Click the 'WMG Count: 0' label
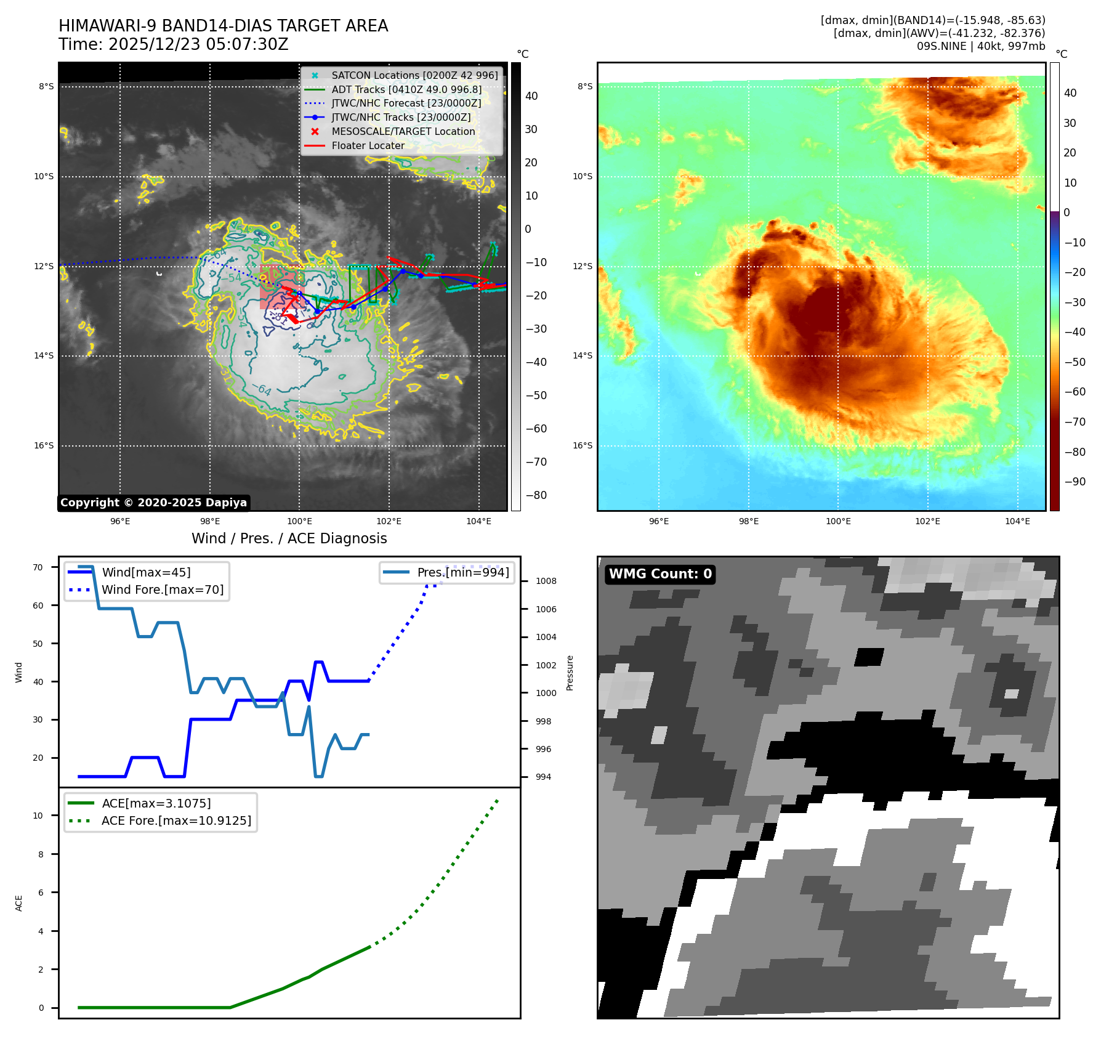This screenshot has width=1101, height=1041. point(660,574)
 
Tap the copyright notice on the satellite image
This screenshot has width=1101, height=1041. point(153,503)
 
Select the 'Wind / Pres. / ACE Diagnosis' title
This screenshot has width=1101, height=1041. point(289,538)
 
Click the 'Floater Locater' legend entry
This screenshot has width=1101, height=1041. point(368,146)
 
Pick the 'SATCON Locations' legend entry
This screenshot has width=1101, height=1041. point(414,75)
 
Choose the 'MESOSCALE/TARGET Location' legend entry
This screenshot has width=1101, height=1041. point(403,132)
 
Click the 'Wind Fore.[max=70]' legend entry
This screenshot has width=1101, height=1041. point(163,589)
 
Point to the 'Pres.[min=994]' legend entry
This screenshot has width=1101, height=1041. point(463,572)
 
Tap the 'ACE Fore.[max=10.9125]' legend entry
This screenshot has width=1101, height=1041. point(176,820)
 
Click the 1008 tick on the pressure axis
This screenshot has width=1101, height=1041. point(546,581)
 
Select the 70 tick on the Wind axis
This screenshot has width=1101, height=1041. point(38,567)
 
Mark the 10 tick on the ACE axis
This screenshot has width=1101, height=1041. point(38,816)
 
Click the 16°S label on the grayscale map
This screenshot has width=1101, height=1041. point(44,445)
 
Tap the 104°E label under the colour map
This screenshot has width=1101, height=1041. point(1017,521)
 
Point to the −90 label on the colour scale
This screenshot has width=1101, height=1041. point(1075,482)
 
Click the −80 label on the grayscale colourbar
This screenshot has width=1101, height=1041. point(536,495)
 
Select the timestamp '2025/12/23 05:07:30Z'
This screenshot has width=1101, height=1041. point(198,45)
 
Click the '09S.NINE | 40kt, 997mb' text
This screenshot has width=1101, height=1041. point(980,46)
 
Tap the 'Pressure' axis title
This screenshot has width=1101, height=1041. point(570,673)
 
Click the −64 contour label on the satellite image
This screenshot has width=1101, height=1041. point(262,389)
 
